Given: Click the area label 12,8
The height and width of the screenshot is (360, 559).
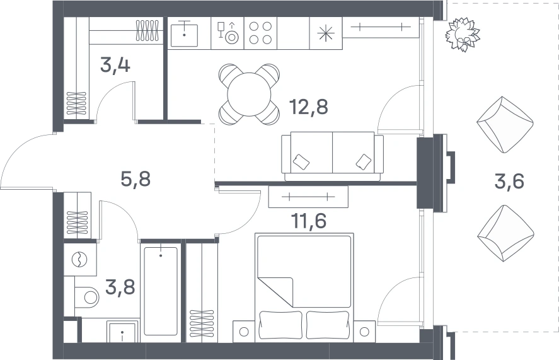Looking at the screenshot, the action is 308,107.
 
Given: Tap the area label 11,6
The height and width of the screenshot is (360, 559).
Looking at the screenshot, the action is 309,221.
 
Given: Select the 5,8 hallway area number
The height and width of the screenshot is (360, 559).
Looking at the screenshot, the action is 135,179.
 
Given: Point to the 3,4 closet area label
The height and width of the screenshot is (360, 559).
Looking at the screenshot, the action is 115,65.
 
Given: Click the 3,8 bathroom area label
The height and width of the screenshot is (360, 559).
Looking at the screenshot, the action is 120,287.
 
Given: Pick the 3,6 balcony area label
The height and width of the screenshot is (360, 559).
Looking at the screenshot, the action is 509,181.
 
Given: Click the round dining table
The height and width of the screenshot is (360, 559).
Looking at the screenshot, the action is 249,95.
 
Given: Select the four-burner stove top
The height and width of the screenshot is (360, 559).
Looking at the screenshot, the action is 260,33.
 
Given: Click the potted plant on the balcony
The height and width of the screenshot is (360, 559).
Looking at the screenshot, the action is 463,35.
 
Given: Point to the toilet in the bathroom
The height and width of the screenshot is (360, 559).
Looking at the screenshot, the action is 86,297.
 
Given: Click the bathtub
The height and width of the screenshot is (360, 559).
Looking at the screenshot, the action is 161,291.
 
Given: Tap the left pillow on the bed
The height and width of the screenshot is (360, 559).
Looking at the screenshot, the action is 281,325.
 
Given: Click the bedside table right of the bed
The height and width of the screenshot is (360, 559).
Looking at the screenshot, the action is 364,332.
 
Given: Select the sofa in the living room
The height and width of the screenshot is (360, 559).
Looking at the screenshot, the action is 332,156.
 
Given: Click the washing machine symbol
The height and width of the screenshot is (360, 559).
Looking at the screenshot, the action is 79,260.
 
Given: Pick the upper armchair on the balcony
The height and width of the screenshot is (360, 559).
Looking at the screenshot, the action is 505,125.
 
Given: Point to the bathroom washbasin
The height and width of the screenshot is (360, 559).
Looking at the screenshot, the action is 122,332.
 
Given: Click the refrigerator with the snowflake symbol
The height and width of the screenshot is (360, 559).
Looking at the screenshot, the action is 326,33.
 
